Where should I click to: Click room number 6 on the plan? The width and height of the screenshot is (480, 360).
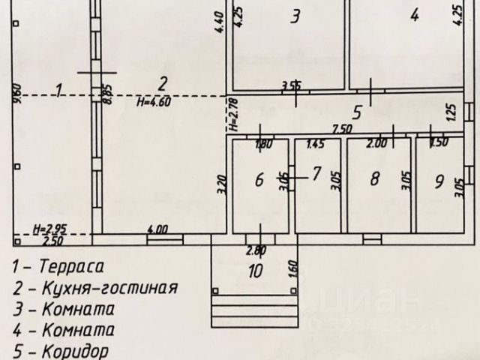click(259, 179)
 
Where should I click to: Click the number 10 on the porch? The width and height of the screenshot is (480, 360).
click(255, 271)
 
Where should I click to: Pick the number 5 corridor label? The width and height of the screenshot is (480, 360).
click(358, 113)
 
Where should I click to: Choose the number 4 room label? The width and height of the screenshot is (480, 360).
click(414, 14)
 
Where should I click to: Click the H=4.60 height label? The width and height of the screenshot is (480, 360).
click(155, 103)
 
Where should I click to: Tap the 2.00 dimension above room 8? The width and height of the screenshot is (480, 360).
click(379, 143)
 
